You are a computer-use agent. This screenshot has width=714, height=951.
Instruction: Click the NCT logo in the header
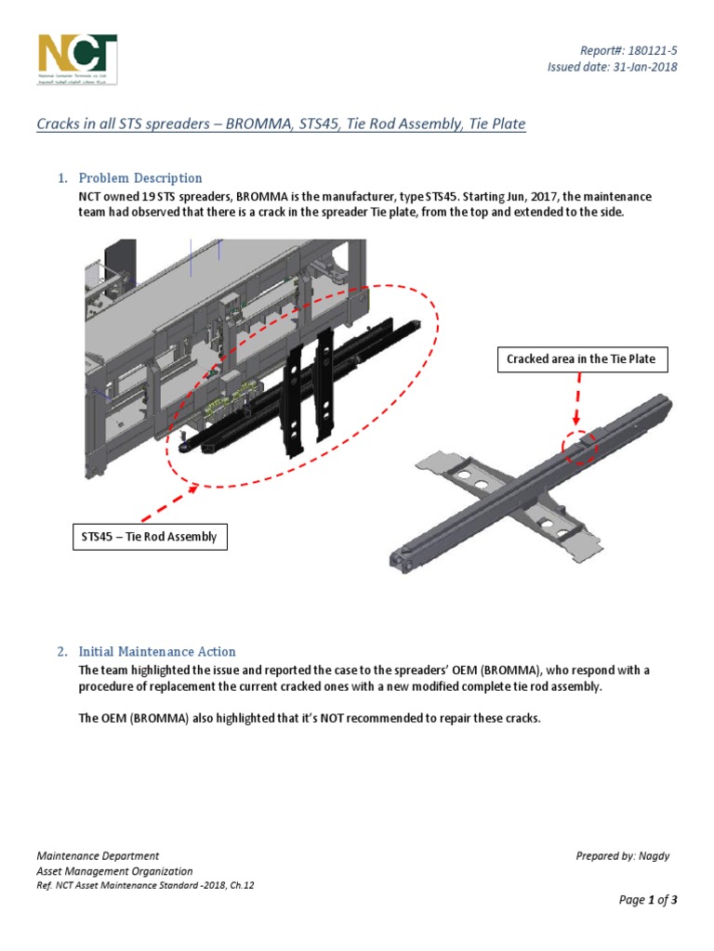(x=77, y=59)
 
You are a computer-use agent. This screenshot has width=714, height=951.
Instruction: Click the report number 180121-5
(x=652, y=49)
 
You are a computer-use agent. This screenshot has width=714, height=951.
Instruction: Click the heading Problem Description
(x=139, y=177)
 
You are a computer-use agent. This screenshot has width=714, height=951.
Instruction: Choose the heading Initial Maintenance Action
(x=157, y=651)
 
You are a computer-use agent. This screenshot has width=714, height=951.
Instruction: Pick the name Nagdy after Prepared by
(x=654, y=856)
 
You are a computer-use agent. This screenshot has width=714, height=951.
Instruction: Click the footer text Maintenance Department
(x=98, y=856)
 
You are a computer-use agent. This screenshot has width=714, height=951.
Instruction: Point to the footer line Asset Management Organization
(x=114, y=871)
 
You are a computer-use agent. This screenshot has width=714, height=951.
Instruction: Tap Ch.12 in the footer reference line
(x=241, y=885)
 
